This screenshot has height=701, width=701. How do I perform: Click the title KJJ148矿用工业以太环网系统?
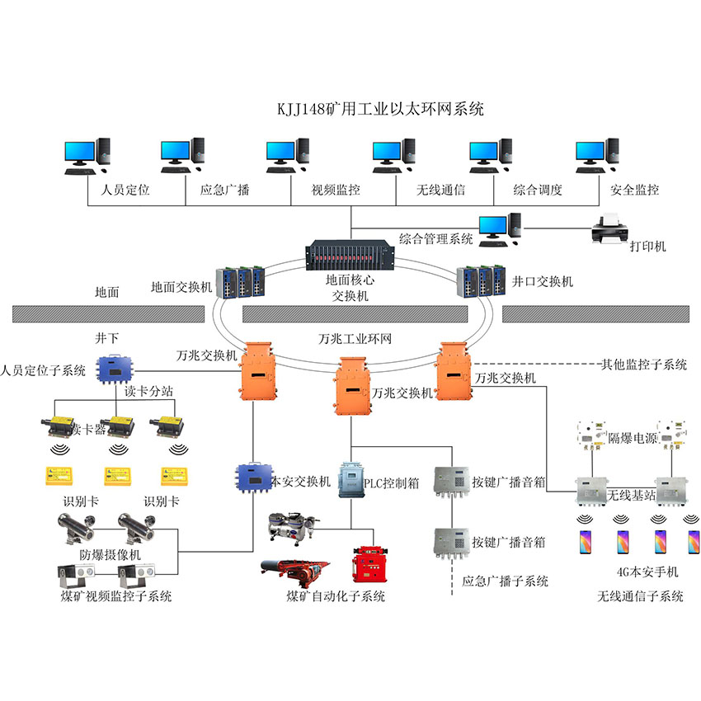[379, 109]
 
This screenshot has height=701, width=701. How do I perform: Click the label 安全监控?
[634, 190]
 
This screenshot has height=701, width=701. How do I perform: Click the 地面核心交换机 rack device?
[350, 257]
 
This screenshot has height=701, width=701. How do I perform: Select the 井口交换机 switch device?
[481, 280]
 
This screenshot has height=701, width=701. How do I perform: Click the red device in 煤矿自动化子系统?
[369, 567]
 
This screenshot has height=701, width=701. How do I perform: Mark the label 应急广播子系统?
[506, 581]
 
